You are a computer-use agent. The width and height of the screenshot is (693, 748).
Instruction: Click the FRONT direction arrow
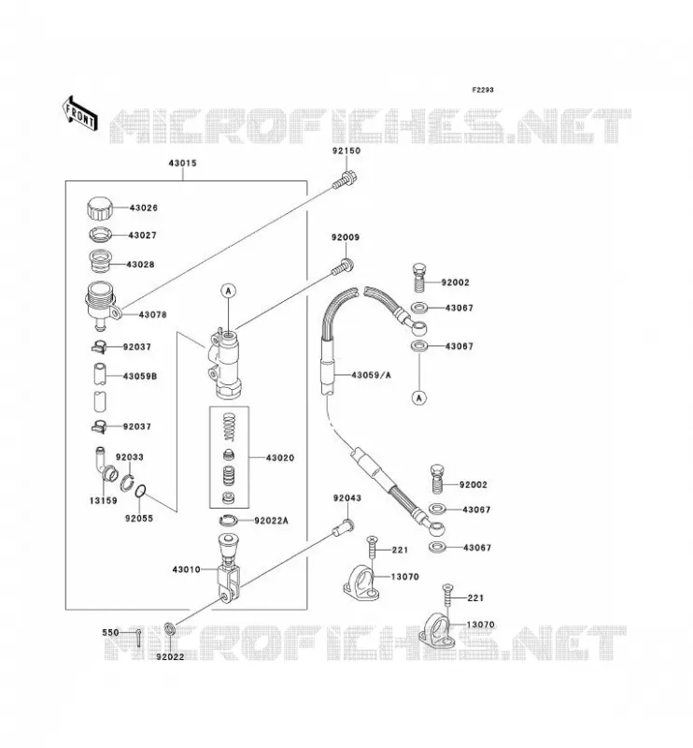[80, 114]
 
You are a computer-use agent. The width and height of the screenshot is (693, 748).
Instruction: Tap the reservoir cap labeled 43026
[100, 209]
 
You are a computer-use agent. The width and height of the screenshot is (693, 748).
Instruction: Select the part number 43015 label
[182, 163]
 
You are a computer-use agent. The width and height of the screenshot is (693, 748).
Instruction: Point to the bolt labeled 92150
[345, 180]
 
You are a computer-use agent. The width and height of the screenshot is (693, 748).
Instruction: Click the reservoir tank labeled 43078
[103, 306]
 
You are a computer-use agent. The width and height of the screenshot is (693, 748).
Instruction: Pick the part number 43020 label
[280, 458]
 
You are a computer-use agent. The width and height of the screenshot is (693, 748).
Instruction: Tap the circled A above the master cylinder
[229, 291]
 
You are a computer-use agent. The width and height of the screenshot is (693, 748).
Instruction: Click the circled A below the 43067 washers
[419, 397]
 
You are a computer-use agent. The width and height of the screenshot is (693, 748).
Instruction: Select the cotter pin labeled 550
[137, 638]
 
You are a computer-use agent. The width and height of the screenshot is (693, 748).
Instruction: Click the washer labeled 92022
[170, 629]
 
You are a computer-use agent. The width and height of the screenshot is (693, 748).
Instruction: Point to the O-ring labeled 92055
[141, 491]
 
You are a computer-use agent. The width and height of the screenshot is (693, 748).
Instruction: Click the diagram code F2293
[483, 90]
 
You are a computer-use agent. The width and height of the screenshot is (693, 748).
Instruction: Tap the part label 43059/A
[372, 375]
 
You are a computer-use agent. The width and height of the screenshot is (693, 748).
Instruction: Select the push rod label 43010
[187, 569]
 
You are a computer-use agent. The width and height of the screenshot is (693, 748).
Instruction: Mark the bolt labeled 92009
[343, 266]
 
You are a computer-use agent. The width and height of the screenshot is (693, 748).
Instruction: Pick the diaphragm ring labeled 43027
[100, 235]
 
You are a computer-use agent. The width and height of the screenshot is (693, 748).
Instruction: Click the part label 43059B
[140, 377]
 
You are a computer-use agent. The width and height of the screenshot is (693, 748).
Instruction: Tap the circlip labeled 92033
[127, 482]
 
